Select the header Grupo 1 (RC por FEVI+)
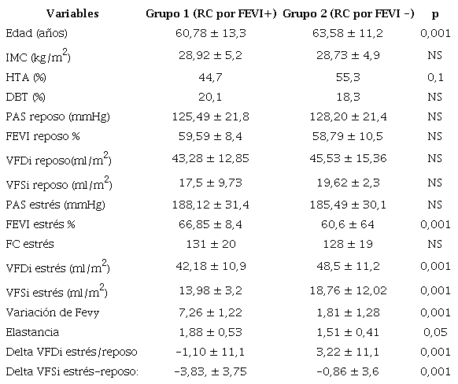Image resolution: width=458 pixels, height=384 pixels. click(x=211, y=15)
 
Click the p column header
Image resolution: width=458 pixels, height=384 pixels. click(x=435, y=15)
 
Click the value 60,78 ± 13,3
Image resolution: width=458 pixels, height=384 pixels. click(x=211, y=35)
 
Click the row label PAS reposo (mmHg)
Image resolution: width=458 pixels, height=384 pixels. click(x=57, y=117)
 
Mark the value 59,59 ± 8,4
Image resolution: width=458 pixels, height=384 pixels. click(x=211, y=138)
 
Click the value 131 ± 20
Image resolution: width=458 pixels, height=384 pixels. click(x=211, y=244)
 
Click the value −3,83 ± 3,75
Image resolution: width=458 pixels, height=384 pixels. click(x=211, y=371)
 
